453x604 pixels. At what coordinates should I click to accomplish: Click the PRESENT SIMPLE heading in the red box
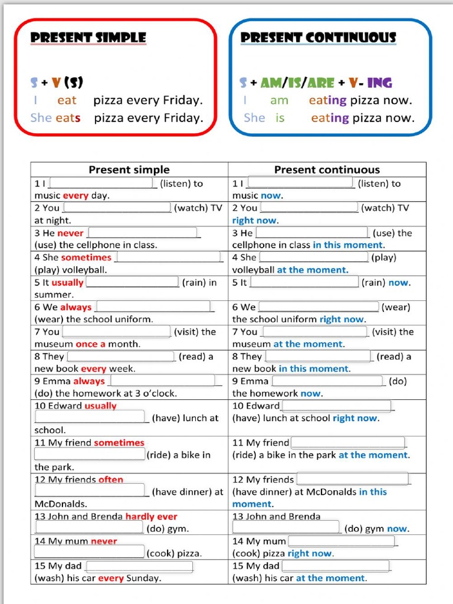click(88, 38)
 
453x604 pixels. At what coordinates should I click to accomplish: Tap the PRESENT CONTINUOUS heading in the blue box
click(318, 38)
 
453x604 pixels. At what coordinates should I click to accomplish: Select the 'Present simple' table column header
click(129, 170)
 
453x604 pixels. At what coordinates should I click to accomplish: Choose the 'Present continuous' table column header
click(327, 170)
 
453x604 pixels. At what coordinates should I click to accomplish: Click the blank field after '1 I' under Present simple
click(105, 183)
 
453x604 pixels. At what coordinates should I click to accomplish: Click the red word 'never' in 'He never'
click(70, 233)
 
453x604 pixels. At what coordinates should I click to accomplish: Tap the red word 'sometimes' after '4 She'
click(86, 258)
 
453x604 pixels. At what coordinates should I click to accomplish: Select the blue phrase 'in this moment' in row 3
click(347, 245)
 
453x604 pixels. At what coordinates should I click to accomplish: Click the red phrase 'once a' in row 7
click(90, 344)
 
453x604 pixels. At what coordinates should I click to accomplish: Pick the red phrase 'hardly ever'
click(151, 517)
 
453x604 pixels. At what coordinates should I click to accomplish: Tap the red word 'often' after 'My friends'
click(111, 480)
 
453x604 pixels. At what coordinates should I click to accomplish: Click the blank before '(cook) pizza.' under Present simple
click(89, 553)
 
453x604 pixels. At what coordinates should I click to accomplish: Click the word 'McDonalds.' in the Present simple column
click(61, 504)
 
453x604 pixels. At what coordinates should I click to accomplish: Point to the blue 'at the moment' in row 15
click(330, 578)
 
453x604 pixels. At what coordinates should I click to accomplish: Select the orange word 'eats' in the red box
click(68, 118)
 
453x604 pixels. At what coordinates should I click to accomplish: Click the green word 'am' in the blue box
click(279, 100)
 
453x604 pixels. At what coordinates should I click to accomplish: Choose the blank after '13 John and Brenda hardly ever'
click(89, 528)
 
